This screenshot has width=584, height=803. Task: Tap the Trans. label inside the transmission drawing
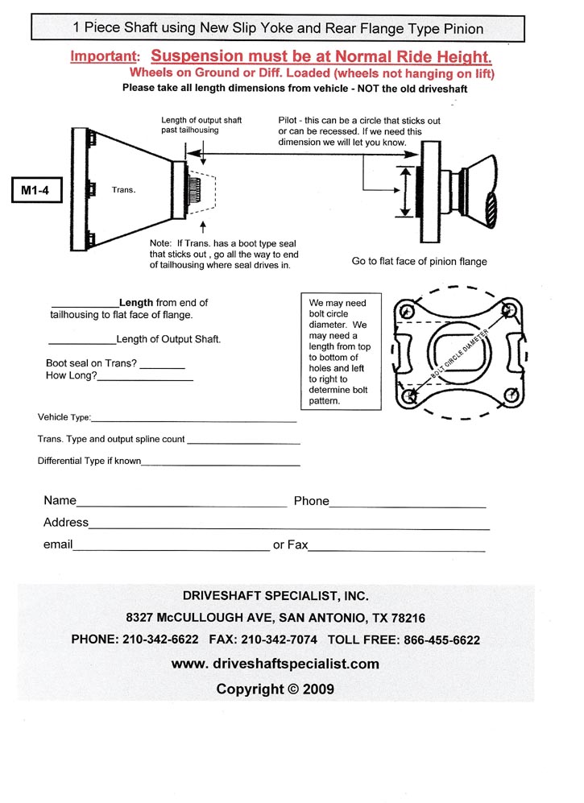122,191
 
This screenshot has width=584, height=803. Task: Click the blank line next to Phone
408,505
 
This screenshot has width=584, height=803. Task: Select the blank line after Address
288,527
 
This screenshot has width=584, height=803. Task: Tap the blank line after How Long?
146,379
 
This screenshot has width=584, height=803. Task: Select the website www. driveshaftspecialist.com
275,664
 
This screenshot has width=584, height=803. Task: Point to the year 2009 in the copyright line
317,689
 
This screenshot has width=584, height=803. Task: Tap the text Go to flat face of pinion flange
419,261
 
